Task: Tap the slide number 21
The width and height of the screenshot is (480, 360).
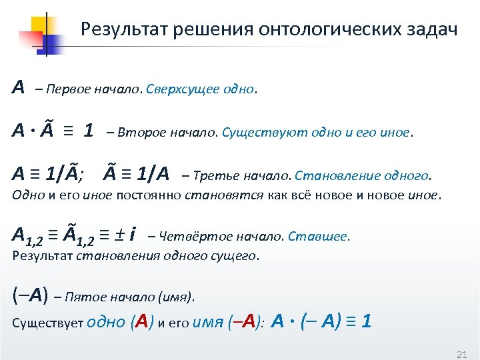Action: [x=460, y=353]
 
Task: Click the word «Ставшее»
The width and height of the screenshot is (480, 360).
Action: [x=327, y=236]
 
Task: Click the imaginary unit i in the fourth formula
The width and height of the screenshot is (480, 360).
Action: [x=134, y=234]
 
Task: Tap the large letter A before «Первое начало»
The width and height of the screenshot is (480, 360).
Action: [x=19, y=87]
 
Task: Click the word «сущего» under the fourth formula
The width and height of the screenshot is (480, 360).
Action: [x=238, y=255]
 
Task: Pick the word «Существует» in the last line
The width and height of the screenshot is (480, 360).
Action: [x=47, y=323]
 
